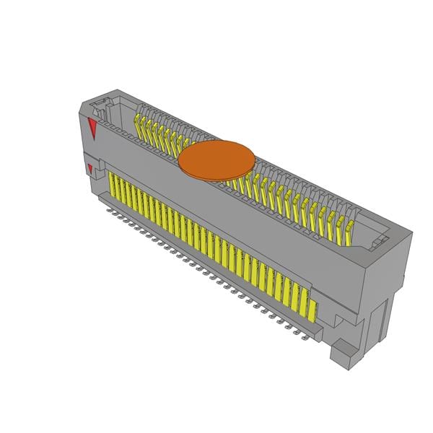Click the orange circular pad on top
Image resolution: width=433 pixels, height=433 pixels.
pos(216,159)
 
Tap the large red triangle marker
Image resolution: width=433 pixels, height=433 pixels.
pos(92,130)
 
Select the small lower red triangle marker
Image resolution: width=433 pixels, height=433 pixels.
pos(89,170)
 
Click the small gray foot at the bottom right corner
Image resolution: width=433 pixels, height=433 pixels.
pos(344,354)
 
